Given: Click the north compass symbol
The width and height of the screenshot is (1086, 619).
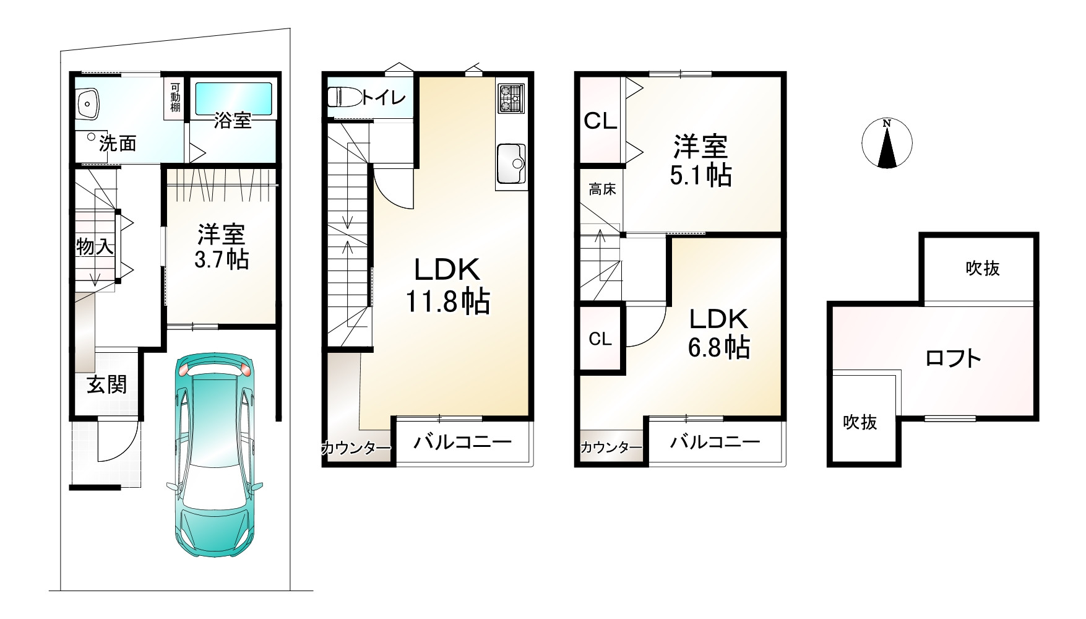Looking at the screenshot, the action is coord(887,143).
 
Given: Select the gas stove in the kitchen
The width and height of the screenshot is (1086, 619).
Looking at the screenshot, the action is coord(511,98).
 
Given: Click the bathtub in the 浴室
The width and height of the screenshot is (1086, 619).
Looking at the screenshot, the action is coord(234,98).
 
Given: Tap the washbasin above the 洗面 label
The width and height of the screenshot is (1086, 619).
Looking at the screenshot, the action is coord(88,102).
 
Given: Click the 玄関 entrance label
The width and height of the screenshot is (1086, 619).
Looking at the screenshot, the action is coord(106,384).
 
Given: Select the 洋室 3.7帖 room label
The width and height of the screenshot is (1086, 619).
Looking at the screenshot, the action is coord(222,246).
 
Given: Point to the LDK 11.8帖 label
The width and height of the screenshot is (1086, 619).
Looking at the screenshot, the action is coord(447,285).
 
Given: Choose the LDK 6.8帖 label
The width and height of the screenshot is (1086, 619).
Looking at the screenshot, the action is coord(719,332).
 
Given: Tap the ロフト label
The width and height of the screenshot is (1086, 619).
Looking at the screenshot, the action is coord(953,358).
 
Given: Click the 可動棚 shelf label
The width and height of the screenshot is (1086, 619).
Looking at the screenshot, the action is coord(175,97).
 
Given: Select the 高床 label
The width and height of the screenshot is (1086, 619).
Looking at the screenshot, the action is coord(601,189).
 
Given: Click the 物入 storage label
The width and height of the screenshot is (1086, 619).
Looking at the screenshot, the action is coord(95,247).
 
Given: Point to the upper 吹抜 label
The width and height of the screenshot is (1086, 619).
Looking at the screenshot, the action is coord(983,268).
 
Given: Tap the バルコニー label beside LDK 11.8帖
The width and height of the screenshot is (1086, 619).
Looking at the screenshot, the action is coord(462,442).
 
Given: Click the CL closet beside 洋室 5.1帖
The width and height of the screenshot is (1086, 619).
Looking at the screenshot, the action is coord(600,121).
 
